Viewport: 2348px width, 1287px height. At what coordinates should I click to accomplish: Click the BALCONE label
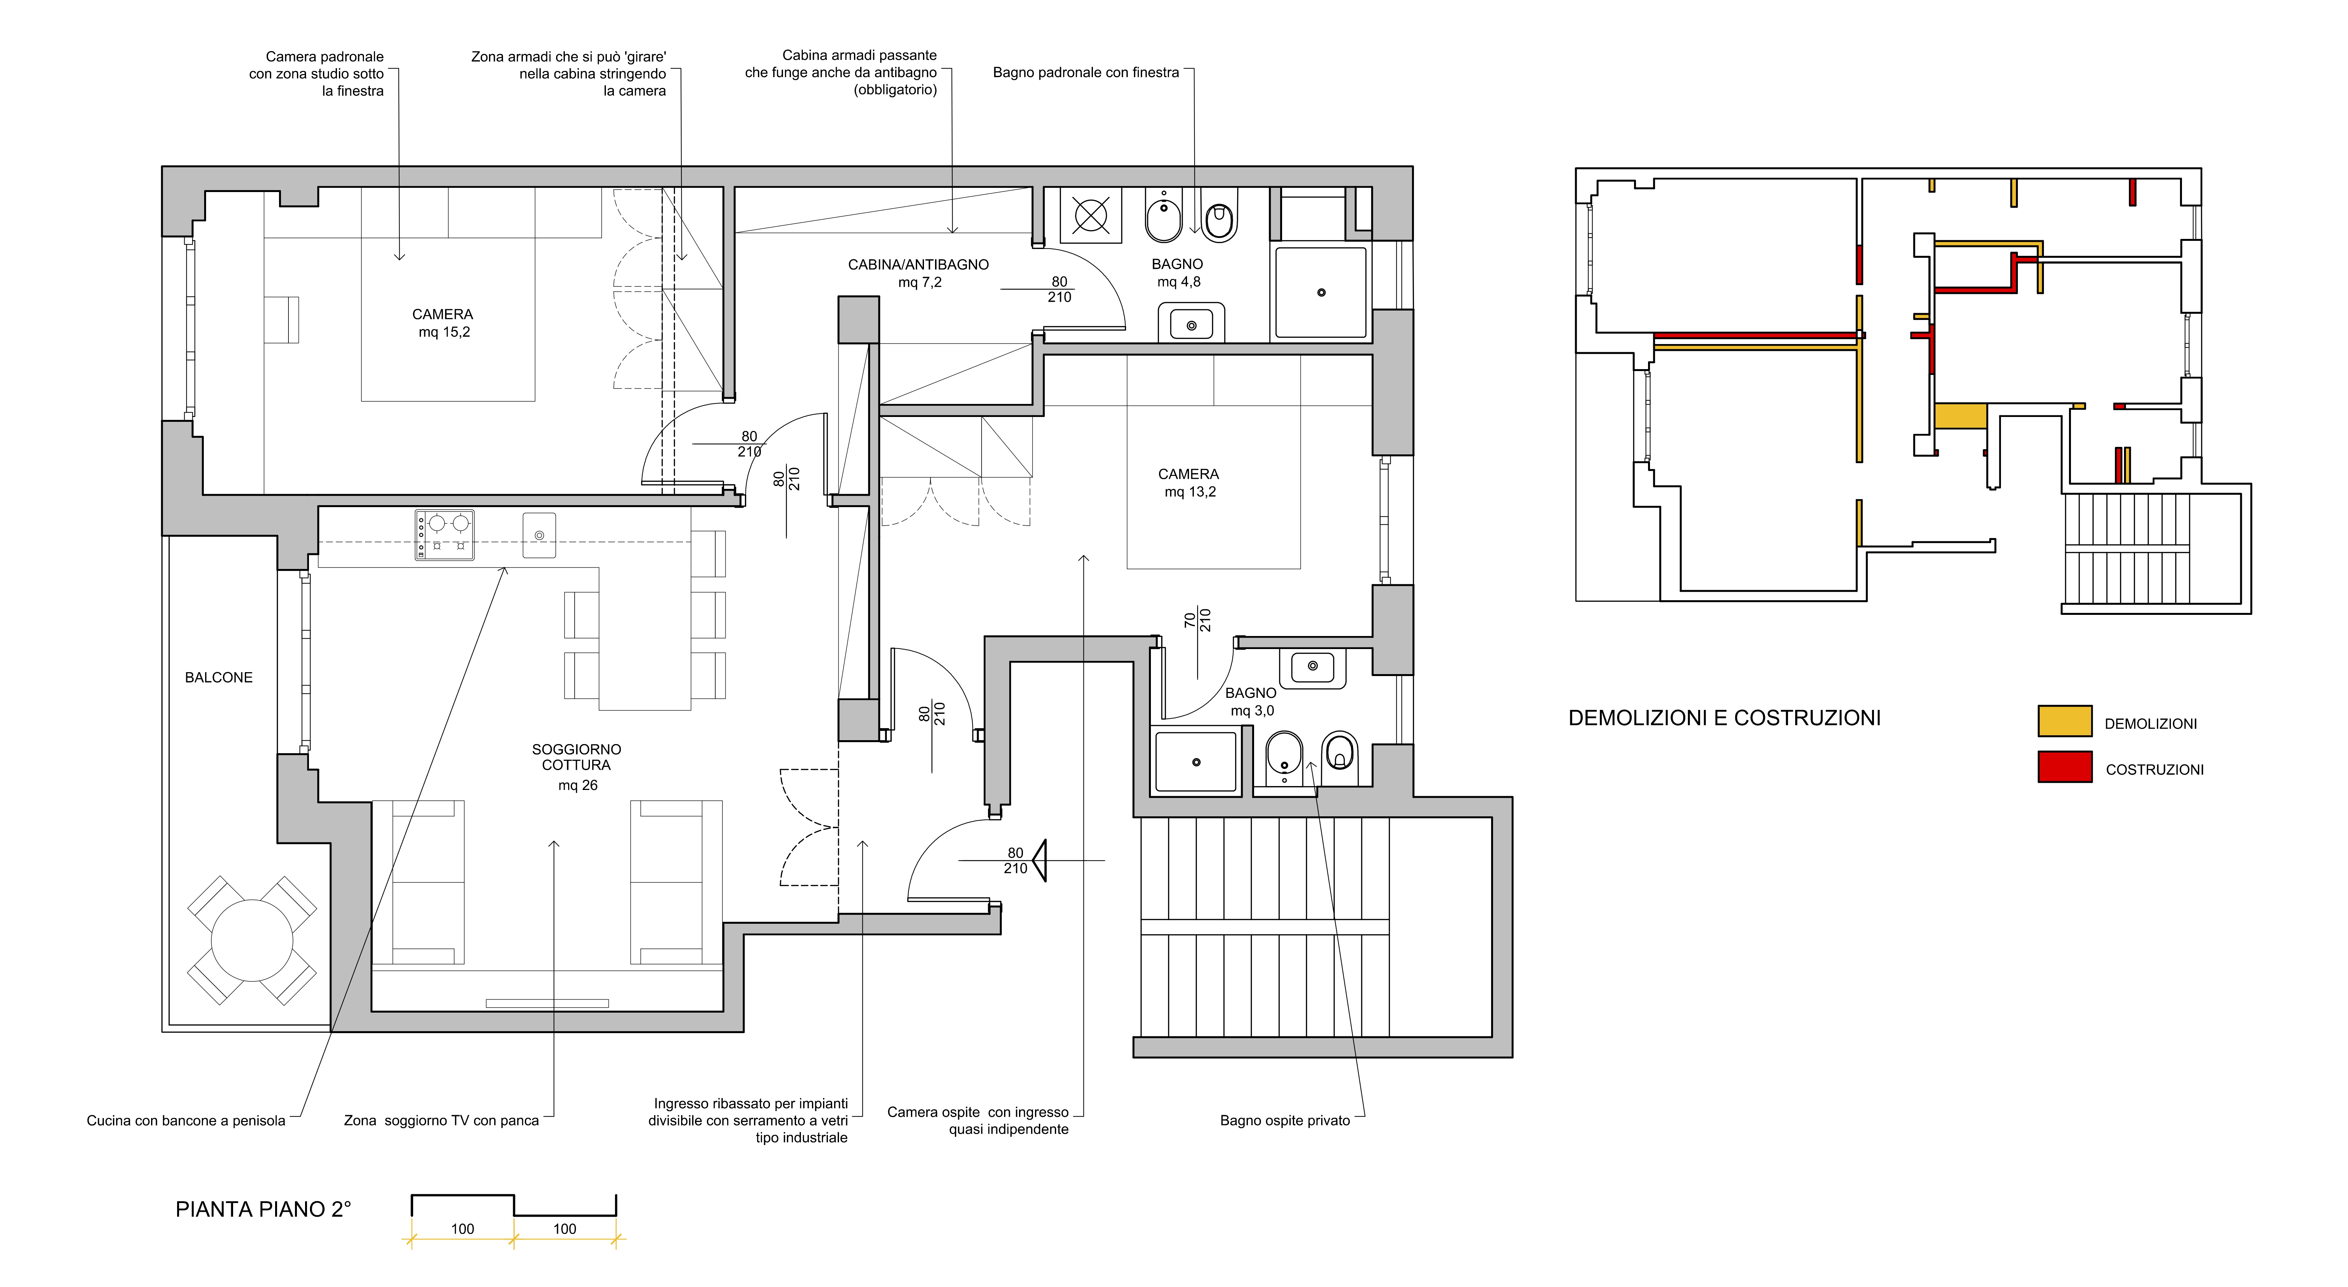(219, 677)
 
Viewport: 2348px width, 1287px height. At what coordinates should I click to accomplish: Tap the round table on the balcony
(252, 940)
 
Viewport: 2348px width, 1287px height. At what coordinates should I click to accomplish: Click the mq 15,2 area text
(444, 332)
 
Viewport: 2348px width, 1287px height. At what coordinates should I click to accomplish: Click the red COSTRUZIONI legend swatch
(2064, 767)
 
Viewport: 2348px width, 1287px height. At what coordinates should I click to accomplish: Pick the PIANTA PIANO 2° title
(262, 1210)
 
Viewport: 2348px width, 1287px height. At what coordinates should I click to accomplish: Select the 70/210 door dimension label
(1197, 621)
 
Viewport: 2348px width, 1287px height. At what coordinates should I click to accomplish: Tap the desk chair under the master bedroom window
(282, 319)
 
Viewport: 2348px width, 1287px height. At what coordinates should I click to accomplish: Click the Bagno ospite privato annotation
(1285, 1120)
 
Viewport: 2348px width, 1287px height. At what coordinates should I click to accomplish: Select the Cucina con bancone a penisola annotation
(186, 1120)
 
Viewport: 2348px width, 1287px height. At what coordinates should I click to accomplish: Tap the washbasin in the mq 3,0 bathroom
(1313, 668)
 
